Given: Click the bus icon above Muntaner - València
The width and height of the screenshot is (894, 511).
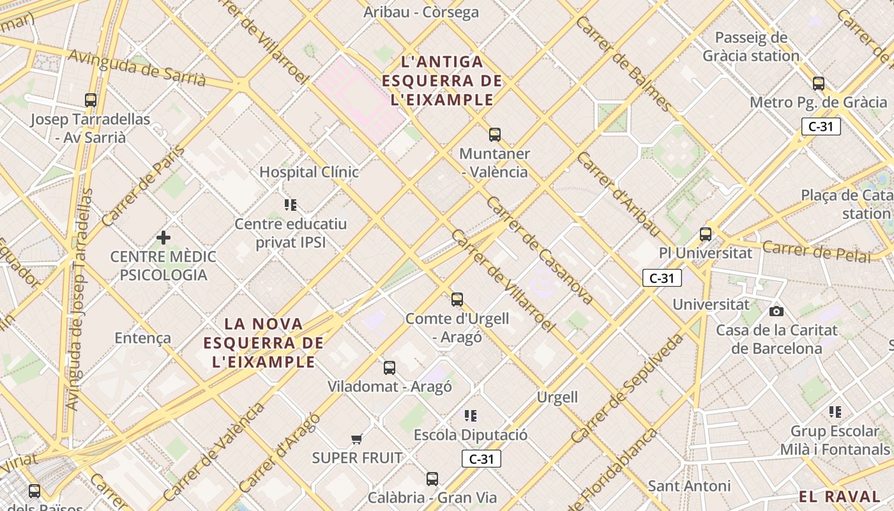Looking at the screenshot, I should (495, 135).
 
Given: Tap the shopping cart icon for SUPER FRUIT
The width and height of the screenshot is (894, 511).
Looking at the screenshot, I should (357, 439).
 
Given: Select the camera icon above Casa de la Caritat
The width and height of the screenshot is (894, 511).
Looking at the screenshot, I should (777, 312).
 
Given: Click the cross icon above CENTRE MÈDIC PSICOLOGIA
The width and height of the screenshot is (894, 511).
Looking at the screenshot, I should (163, 238).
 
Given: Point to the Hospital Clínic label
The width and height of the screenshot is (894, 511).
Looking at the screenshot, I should (309, 172).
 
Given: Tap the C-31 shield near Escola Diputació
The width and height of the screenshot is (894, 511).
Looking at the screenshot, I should (481, 459).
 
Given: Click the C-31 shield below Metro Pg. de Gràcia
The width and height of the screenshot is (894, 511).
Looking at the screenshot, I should (821, 126).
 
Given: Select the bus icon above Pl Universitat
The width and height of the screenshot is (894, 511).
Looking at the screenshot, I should (706, 234).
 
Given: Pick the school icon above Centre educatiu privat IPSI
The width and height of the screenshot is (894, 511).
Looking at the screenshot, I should (291, 205).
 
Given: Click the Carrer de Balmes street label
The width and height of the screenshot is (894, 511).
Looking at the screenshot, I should (623, 63).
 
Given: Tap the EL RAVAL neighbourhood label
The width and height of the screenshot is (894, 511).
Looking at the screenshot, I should (839, 496).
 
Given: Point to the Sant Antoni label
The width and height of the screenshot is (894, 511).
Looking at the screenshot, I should (689, 486).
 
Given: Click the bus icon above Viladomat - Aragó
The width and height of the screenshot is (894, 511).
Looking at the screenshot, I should (390, 368).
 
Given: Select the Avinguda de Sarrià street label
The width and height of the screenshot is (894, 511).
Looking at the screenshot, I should (137, 67).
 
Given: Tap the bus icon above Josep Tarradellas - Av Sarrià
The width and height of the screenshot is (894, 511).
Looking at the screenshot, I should (91, 100).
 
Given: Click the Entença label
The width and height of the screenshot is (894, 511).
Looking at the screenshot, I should (142, 338).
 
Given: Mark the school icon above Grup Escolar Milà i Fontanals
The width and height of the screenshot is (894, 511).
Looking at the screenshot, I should (835, 412).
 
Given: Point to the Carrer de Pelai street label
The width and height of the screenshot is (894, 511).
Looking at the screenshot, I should (817, 251).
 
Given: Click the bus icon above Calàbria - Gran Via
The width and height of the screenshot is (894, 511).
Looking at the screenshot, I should (432, 479).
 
